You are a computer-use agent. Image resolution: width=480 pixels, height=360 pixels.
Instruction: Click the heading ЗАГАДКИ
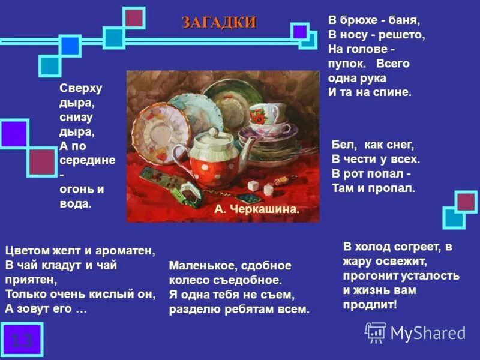click(219, 23)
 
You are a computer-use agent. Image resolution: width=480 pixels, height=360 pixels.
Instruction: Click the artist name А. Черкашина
click(256, 209)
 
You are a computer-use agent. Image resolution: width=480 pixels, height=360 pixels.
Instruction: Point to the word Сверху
click(81, 88)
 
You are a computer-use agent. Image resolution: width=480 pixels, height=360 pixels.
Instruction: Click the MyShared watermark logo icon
click(376, 332)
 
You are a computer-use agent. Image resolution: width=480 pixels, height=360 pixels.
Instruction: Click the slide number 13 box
click(22, 340)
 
